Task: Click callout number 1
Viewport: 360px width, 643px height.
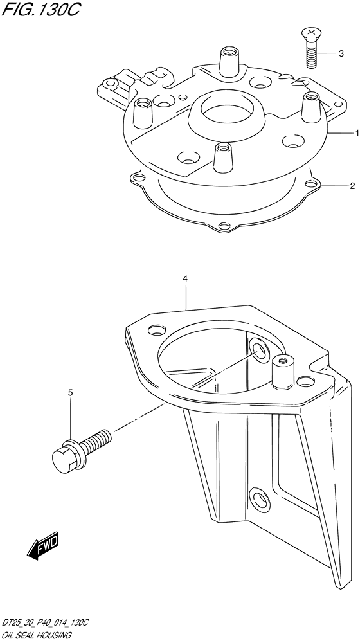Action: [x=357, y=133]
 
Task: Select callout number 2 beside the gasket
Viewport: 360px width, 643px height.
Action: [x=352, y=186]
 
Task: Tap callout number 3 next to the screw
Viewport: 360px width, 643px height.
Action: [x=341, y=53]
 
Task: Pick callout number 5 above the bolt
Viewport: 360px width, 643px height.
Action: [x=71, y=393]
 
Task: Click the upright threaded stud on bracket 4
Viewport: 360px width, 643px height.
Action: [x=282, y=371]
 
